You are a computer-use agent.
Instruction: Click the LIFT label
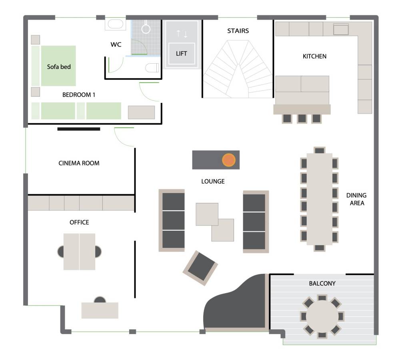(x=181, y=54)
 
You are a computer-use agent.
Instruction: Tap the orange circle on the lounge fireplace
(x=228, y=160)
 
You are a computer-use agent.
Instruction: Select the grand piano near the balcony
(x=236, y=303)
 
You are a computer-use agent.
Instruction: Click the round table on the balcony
(x=322, y=316)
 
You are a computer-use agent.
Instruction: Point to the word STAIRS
(x=238, y=31)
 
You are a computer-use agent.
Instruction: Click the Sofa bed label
(x=59, y=67)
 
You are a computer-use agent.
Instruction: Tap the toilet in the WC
(x=152, y=68)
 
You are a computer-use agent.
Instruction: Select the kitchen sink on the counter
(x=341, y=29)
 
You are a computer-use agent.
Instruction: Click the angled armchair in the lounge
(x=200, y=268)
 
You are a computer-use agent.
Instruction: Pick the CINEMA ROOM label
(x=79, y=163)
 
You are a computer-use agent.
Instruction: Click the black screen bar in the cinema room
(x=78, y=129)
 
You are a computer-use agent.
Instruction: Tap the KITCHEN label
(x=314, y=56)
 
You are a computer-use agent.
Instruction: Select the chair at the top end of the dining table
(x=319, y=150)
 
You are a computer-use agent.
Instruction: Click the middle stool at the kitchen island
(x=302, y=119)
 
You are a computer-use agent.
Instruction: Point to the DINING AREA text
(x=356, y=199)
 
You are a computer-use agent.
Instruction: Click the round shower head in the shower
(x=146, y=28)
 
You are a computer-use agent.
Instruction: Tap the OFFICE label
(x=79, y=222)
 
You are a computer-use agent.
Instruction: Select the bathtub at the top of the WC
(x=116, y=24)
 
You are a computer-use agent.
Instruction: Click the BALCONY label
(x=322, y=284)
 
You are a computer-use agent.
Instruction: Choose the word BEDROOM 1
(x=79, y=95)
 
